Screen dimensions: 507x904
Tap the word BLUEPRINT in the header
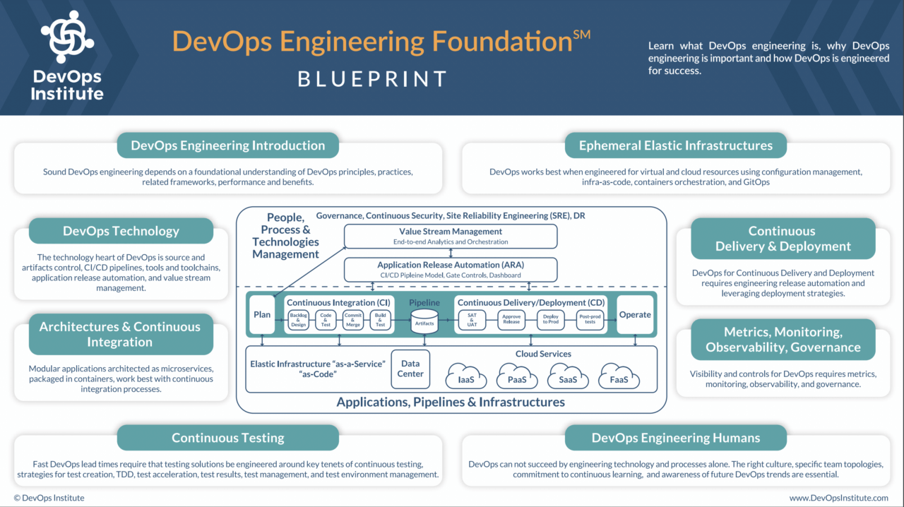point(372,78)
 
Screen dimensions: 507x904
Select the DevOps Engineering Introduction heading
point(227,145)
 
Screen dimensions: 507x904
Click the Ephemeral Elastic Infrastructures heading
point(675,145)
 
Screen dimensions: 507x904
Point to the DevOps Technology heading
point(121,231)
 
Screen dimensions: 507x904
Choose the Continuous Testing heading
point(227,438)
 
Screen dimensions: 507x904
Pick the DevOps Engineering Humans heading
point(675,438)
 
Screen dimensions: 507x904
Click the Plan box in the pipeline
point(262,315)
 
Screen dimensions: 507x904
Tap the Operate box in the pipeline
point(634,315)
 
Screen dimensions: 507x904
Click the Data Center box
point(410,369)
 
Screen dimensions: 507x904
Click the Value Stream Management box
point(450,236)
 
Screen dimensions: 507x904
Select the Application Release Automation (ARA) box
point(450,269)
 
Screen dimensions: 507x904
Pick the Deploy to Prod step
point(551,321)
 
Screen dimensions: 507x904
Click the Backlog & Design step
point(298,321)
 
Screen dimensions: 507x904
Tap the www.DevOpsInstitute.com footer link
point(838,498)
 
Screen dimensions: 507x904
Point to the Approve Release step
point(511,321)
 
